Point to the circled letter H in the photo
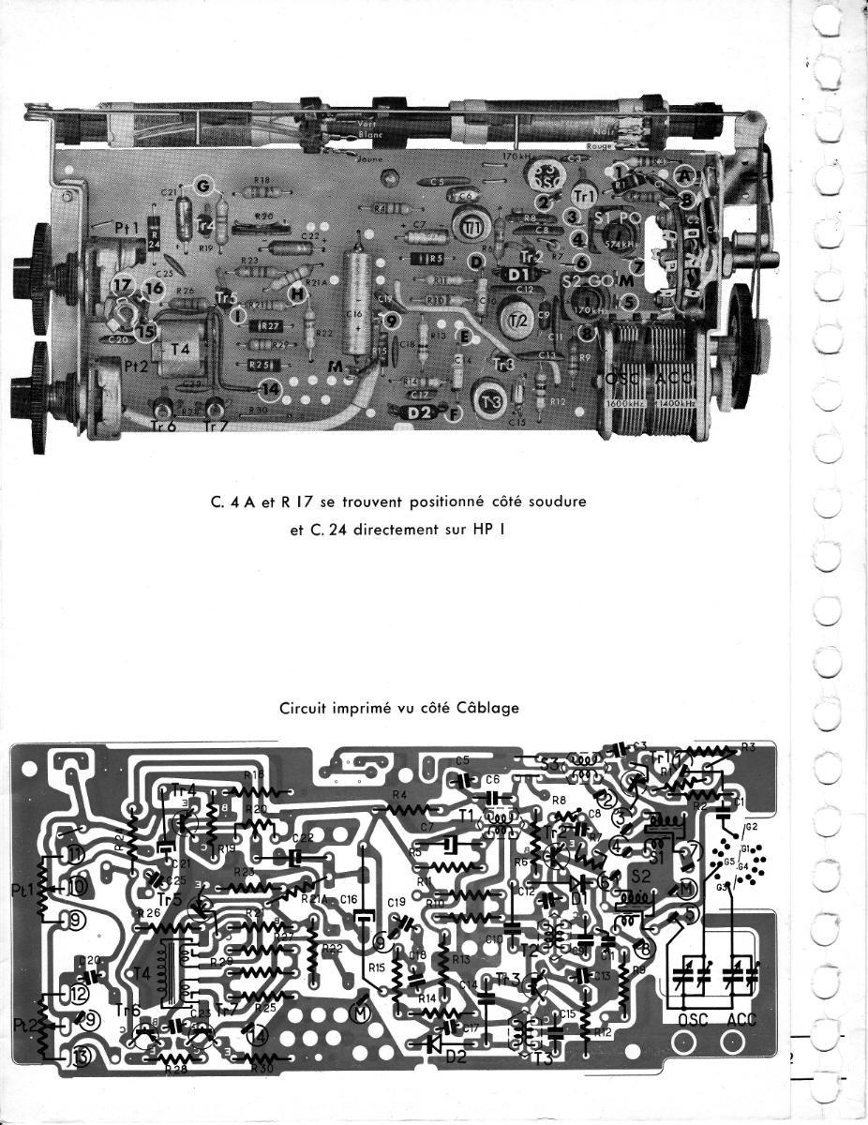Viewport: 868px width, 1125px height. (x=298, y=294)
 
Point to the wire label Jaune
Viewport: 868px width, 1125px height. (x=355, y=157)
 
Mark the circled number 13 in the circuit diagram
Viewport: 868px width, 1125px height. (x=78, y=1059)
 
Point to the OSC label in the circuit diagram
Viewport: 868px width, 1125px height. (x=687, y=1018)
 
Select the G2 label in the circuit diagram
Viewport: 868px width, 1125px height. (x=751, y=828)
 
